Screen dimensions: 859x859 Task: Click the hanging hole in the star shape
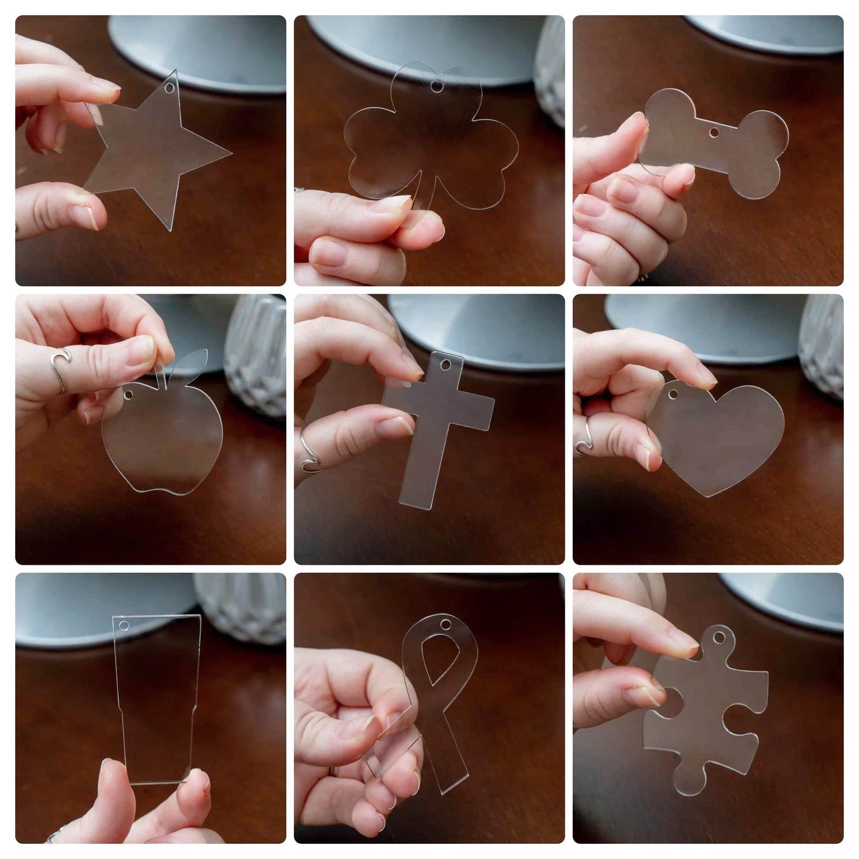tap(169, 89)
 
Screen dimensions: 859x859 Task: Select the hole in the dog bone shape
tap(714, 133)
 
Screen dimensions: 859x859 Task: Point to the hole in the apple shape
tap(129, 395)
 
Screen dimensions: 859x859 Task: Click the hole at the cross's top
tap(446, 365)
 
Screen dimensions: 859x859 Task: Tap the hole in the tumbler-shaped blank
tap(124, 626)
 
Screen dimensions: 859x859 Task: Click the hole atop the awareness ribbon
tap(446, 624)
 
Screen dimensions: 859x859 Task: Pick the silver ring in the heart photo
tap(586, 436)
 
